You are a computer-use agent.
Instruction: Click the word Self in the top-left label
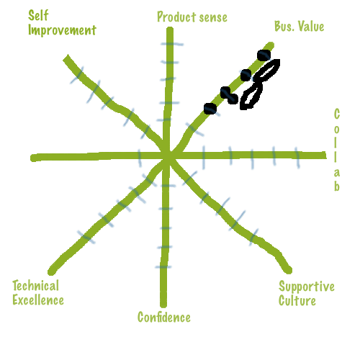(x=38, y=15)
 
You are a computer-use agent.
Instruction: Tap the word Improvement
(x=62, y=30)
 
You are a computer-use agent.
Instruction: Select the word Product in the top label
(x=176, y=17)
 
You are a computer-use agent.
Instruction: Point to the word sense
(x=213, y=18)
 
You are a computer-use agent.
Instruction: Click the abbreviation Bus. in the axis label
(x=284, y=26)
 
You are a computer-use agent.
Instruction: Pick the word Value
(x=311, y=26)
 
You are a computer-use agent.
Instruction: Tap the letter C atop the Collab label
(x=337, y=114)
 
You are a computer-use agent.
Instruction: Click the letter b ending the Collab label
(x=337, y=186)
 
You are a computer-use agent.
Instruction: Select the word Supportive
(x=307, y=287)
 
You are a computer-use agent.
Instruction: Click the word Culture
(x=297, y=301)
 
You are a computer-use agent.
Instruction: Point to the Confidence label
(x=164, y=317)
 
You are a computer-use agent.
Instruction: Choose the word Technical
(x=36, y=286)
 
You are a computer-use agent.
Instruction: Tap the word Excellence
(x=38, y=300)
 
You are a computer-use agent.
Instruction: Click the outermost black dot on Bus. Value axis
(x=264, y=55)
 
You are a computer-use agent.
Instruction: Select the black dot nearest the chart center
(x=210, y=109)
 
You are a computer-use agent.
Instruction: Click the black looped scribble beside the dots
(x=261, y=84)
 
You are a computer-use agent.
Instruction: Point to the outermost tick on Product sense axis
(x=172, y=44)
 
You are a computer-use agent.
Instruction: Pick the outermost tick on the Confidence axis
(x=163, y=266)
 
